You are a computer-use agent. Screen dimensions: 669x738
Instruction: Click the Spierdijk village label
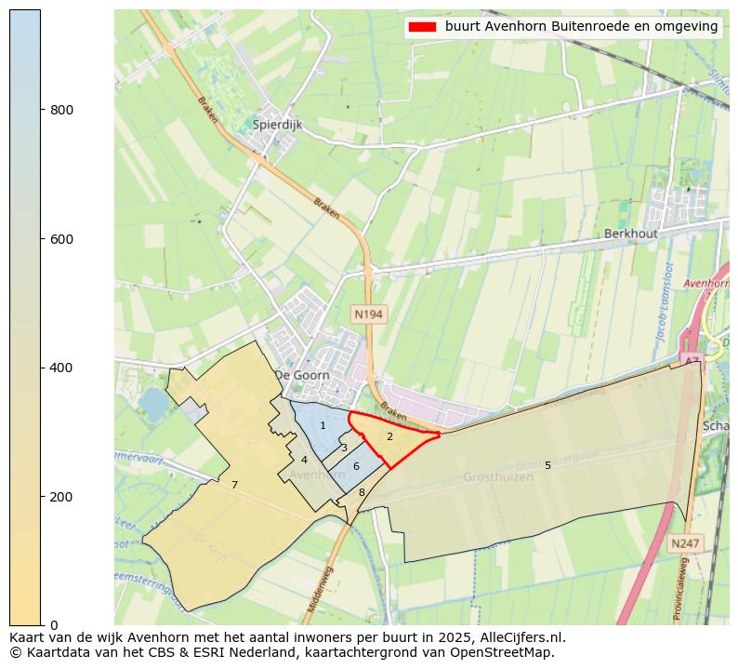coord(278,123)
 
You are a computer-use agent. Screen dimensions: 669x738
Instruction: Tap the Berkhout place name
coord(631,234)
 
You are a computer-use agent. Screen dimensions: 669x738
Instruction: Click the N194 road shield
coord(368,314)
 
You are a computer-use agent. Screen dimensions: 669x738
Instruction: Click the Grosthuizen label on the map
coord(498,477)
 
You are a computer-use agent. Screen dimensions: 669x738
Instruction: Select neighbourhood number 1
coord(323,425)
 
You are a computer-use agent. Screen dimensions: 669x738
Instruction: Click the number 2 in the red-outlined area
coord(389,436)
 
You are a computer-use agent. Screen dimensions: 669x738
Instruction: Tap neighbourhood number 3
coord(344,448)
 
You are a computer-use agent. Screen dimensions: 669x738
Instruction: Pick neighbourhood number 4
coord(304,460)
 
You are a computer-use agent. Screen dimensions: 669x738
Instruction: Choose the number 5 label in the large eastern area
coord(547,465)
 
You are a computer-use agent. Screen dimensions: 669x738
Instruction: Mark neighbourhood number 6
coord(356,466)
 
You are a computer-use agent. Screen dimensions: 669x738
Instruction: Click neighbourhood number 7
coord(234,485)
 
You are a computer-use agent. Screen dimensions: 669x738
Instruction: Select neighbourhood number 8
coord(362,492)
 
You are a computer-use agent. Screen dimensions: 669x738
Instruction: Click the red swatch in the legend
coord(422,27)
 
